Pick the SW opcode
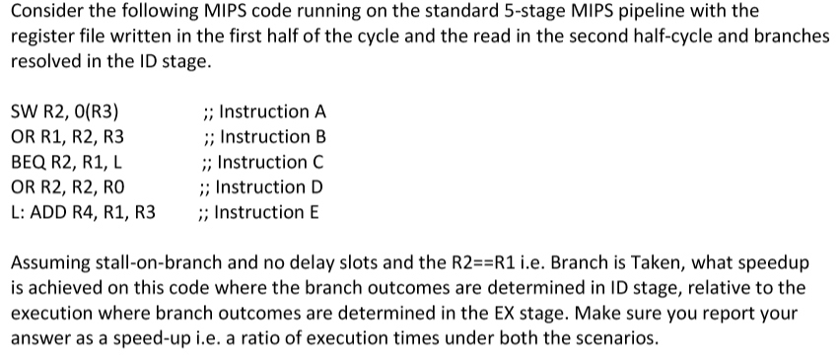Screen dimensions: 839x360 pyautogui.click(x=24, y=111)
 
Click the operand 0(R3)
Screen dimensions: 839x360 pyautogui.click(x=99, y=111)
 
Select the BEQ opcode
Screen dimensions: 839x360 pyautogui.click(x=29, y=162)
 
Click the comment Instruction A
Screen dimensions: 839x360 pyautogui.click(x=270, y=111)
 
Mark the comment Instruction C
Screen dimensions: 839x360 pyautogui.click(x=270, y=162)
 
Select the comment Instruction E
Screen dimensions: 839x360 pyautogui.click(x=269, y=212)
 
